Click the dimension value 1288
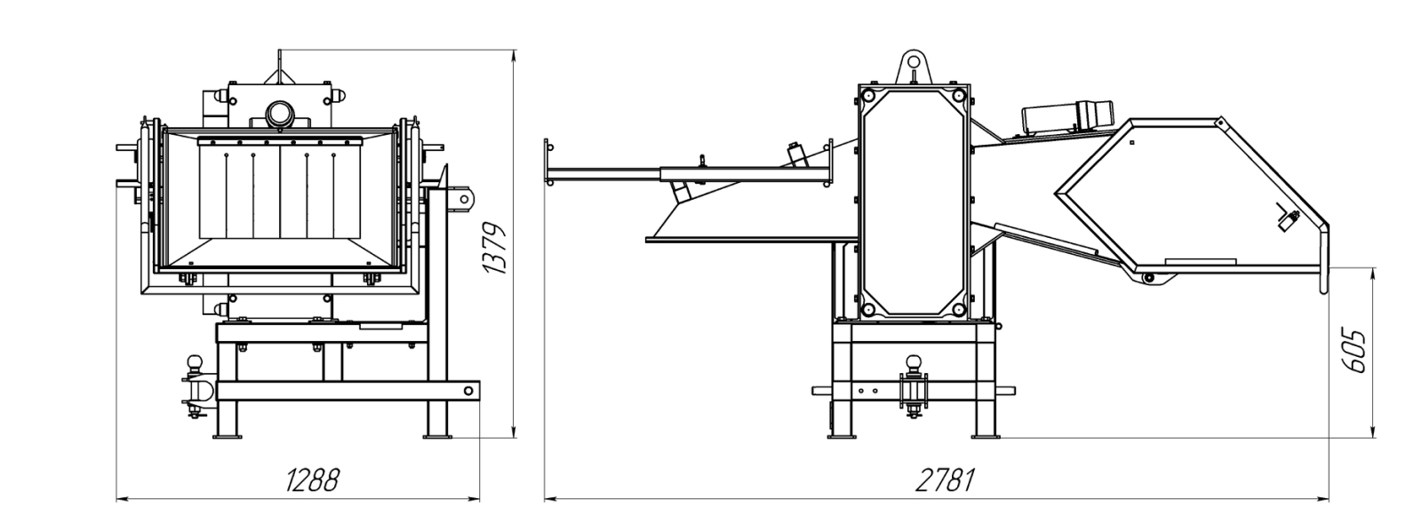312,480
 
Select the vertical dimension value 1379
495,248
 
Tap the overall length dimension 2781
945,480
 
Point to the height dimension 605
1354,351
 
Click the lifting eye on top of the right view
914,66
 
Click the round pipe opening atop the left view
278,115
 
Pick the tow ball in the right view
914,363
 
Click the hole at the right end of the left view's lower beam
468,391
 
